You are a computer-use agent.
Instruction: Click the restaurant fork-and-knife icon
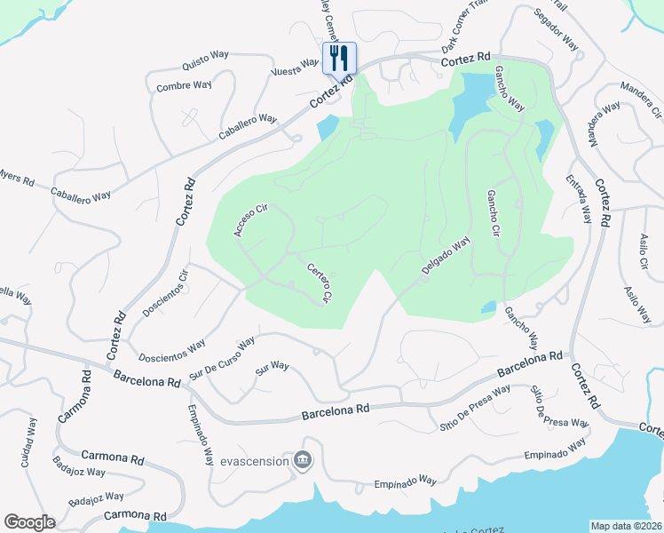[339, 59]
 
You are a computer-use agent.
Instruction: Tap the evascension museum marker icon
[303, 460]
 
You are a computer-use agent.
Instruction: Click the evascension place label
[255, 461]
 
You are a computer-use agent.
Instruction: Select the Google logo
[29, 522]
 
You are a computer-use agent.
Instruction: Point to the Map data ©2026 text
[626, 525]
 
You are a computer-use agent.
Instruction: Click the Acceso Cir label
[250, 221]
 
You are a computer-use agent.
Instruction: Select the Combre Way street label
[184, 86]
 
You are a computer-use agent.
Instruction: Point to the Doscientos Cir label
[166, 293]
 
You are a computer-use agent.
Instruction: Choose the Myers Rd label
[17, 179]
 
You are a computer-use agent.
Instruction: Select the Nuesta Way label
[295, 67]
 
